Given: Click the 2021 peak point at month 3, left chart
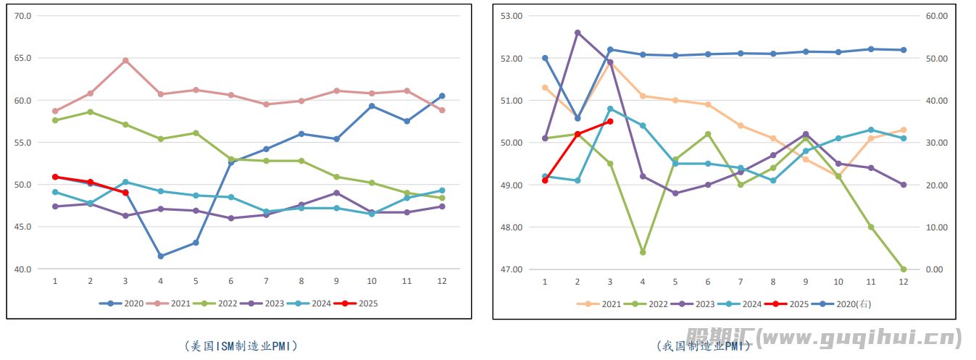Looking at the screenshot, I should (x=125, y=60).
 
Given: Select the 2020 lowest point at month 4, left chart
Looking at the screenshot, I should (x=160, y=256).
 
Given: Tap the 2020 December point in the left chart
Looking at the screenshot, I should (x=442, y=96).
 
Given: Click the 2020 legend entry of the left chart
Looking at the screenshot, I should (x=127, y=304).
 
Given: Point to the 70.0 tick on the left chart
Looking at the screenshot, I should (x=23, y=16).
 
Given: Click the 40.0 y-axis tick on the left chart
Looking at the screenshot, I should (x=23, y=269).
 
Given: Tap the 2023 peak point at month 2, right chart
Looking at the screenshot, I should (x=577, y=33).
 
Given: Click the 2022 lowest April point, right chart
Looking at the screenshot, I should (x=643, y=252).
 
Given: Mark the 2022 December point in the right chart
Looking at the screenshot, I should (x=904, y=269).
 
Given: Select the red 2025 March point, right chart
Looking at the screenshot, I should (x=610, y=121).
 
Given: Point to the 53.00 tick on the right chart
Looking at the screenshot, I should (x=512, y=16).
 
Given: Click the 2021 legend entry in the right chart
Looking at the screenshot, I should (x=604, y=304).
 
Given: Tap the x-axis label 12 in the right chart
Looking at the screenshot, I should (x=904, y=282).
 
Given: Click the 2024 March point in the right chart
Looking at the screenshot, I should (x=610, y=109).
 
